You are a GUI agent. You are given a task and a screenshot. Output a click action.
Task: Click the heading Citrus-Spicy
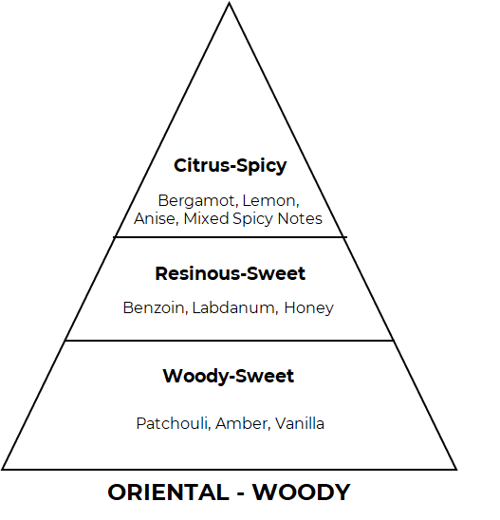click(x=231, y=165)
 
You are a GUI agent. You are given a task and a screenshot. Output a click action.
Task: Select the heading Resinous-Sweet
click(x=231, y=273)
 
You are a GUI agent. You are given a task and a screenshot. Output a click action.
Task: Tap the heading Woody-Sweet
click(x=229, y=377)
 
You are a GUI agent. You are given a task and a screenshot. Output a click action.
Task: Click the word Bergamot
click(x=197, y=201)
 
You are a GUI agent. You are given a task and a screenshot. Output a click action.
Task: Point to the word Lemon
click(x=270, y=201)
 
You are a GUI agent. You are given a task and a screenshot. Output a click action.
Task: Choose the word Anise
click(x=157, y=219)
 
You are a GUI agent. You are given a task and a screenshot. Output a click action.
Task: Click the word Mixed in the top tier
click(x=206, y=218)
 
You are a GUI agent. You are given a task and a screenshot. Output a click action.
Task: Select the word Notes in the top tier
click(x=300, y=219)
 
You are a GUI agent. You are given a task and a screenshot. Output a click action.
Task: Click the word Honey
click(x=308, y=308)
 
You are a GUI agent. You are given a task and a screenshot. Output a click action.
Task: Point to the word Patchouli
click(x=174, y=423)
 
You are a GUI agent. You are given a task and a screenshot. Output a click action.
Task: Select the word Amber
click(x=243, y=424)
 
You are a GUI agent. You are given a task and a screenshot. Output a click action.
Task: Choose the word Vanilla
click(x=300, y=423)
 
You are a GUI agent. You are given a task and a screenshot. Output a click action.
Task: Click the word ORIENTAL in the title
click(x=169, y=492)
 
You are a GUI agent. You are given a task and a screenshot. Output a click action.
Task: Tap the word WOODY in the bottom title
click(x=302, y=492)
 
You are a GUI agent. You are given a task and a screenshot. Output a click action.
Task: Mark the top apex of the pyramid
click(x=229, y=3)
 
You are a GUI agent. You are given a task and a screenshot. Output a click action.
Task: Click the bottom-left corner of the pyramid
click(x=2, y=470)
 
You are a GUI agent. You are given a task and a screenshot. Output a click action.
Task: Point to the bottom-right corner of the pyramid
click(x=457, y=470)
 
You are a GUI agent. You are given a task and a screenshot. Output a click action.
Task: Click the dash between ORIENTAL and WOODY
click(x=241, y=493)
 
